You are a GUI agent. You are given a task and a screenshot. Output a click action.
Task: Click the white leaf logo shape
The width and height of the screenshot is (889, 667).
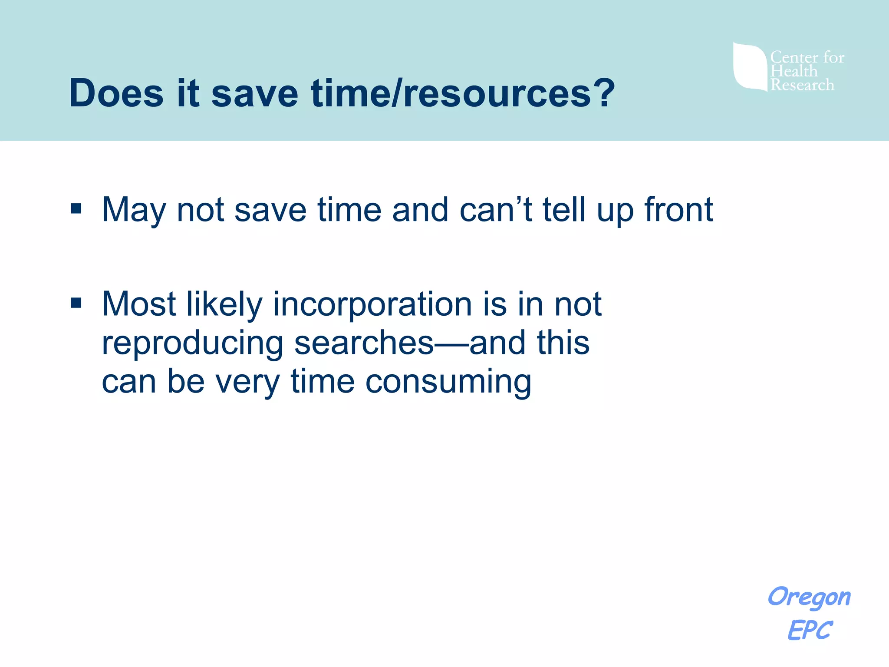(x=749, y=66)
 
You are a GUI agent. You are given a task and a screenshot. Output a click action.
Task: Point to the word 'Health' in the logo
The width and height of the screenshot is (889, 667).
(x=794, y=71)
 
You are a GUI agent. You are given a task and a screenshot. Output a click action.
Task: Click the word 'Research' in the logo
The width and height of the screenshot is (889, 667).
(x=802, y=85)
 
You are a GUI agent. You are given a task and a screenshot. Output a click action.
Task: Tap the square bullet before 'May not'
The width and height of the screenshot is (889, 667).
(x=76, y=209)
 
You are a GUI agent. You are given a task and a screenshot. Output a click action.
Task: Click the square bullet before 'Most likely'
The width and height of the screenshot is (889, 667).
(x=76, y=303)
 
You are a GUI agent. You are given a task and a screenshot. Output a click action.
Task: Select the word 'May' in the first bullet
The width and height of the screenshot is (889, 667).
(x=133, y=210)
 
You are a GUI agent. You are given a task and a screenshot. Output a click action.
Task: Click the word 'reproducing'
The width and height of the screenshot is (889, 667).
(x=192, y=343)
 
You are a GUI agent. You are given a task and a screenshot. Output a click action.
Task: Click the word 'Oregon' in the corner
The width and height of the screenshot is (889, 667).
(x=809, y=597)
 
